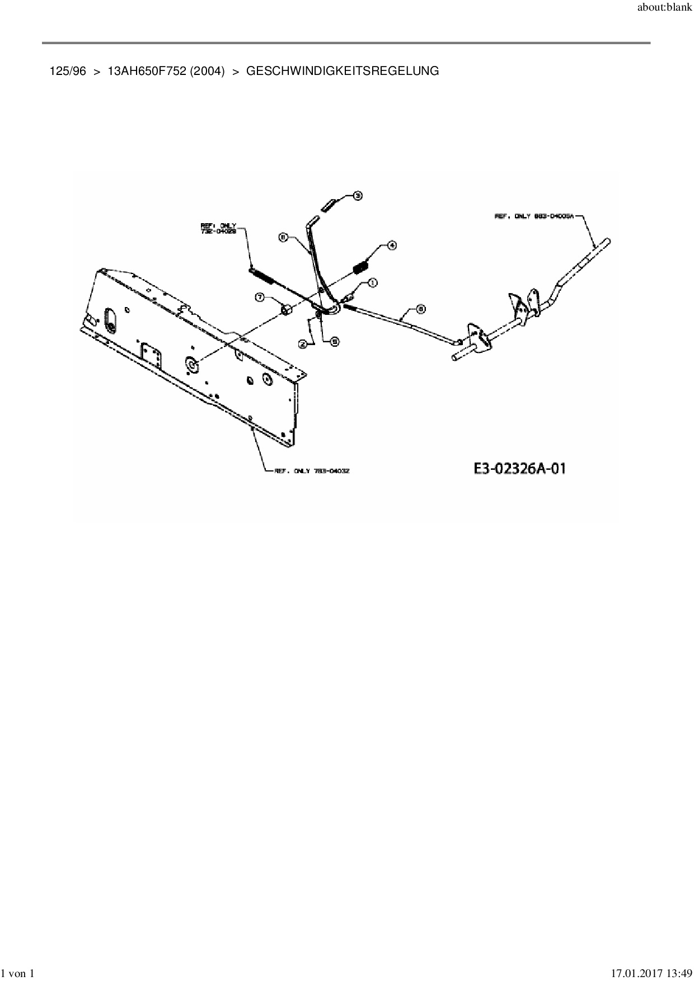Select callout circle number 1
tap(372, 283)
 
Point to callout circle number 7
tap(260, 297)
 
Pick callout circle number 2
tap(304, 345)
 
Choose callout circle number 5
tap(334, 341)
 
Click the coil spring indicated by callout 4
tap(361, 267)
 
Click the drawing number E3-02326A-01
tap(519, 468)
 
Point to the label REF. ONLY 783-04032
tap(312, 471)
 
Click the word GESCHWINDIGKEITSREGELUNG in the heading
tap(343, 71)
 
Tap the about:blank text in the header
tap(665, 10)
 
